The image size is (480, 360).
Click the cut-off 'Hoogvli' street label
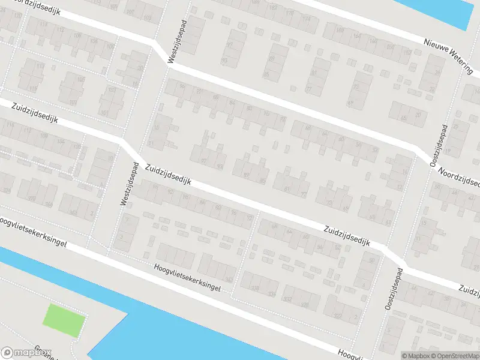(348, 354)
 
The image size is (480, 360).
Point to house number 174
(308, 20)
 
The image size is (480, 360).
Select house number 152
(408, 53)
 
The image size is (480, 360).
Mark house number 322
(337, 316)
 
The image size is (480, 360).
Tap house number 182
(274, 7)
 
